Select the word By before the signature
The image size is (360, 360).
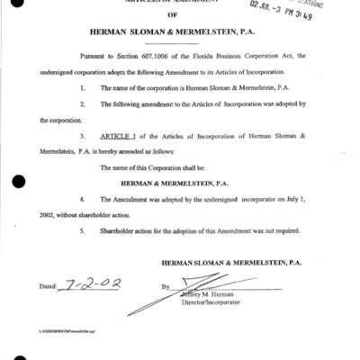[166, 288]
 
